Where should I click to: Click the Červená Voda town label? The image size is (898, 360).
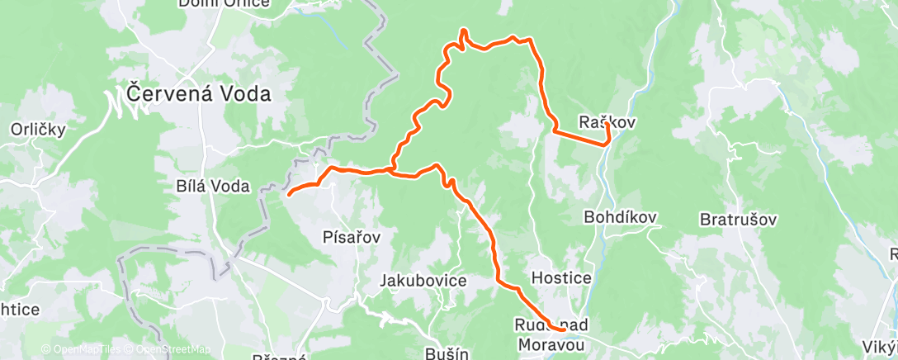[200, 93]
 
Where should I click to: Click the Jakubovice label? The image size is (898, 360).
[423, 281]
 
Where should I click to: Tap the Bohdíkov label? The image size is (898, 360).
[620, 217]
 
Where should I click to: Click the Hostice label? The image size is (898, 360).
[562, 277]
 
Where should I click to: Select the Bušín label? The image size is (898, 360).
[447, 353]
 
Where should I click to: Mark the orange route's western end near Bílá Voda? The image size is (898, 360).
[288, 194]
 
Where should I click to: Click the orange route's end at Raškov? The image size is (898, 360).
[607, 125]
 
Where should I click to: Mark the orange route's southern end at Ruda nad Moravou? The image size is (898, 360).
[562, 329]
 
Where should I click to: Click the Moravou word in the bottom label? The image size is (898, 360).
[551, 341]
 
